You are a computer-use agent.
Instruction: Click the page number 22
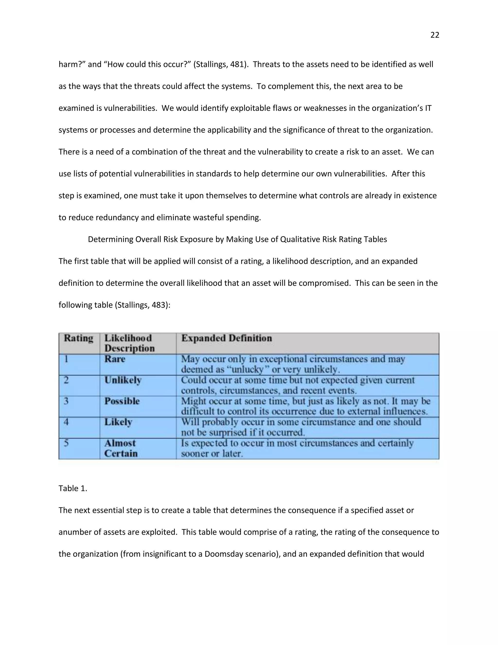coord(435,35)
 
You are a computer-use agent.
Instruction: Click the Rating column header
coord(79,338)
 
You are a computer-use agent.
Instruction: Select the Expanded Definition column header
coord(226,338)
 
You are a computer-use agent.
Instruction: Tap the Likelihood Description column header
coord(129,343)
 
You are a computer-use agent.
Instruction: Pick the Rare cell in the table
coord(115,359)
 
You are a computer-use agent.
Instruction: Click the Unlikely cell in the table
coord(123,380)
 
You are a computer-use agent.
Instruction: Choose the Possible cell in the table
coord(122,401)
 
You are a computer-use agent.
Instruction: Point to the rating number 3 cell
coord(66,401)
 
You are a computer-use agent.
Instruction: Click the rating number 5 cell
coord(66,443)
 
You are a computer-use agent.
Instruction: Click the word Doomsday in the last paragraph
coord(221,554)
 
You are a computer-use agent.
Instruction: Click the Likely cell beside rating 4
coord(118,422)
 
